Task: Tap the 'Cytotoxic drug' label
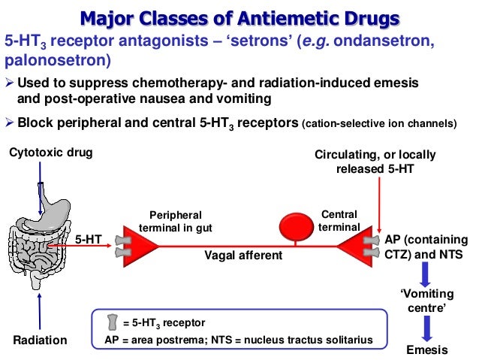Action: click(50, 154)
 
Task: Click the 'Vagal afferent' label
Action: click(243, 256)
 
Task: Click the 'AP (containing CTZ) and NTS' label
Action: click(426, 247)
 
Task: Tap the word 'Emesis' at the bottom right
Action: click(426, 350)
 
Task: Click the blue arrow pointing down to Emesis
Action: click(426, 328)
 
